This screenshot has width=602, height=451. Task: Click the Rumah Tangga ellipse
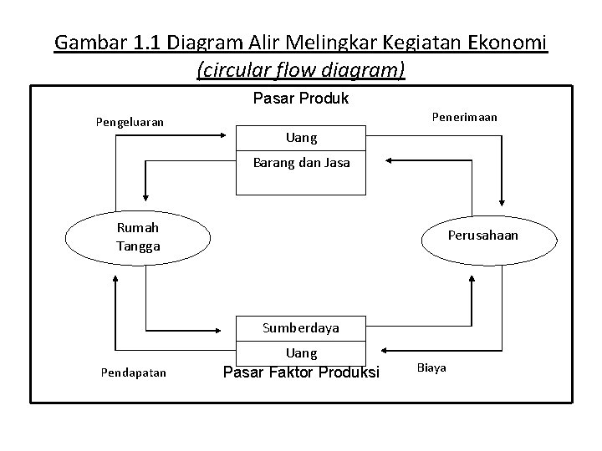[x=138, y=236]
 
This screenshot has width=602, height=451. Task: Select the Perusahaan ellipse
[x=482, y=236]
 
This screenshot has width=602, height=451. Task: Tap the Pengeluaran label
[x=129, y=123]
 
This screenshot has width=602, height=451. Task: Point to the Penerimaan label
[x=464, y=117]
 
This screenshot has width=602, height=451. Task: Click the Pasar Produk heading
[x=300, y=99]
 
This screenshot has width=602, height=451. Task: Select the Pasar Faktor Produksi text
[x=300, y=372]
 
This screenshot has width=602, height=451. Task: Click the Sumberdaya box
[x=301, y=327]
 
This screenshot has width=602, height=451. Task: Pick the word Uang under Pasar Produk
[x=301, y=137]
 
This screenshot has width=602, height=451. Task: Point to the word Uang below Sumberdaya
[x=301, y=353]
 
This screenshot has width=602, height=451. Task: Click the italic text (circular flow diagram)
[x=301, y=70]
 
